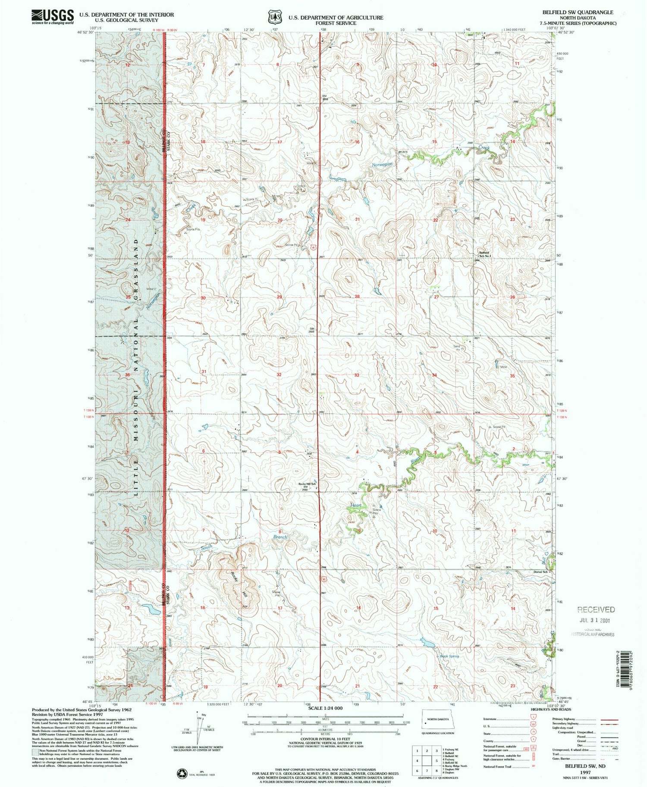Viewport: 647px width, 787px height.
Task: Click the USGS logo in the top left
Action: point(52,16)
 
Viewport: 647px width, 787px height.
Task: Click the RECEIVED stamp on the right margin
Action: point(596,609)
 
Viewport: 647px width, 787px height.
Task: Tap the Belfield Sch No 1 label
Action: point(484,254)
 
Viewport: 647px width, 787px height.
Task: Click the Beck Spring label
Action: point(449,656)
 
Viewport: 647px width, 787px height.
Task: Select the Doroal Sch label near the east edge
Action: point(540,572)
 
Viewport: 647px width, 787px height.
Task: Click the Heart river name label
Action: point(356,505)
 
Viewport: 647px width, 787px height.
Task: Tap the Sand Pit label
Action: point(456,347)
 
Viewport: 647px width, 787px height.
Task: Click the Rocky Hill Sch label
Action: point(308,484)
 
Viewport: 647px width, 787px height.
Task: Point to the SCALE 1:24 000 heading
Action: point(325,708)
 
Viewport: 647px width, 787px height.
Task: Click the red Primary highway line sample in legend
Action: point(609,720)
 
